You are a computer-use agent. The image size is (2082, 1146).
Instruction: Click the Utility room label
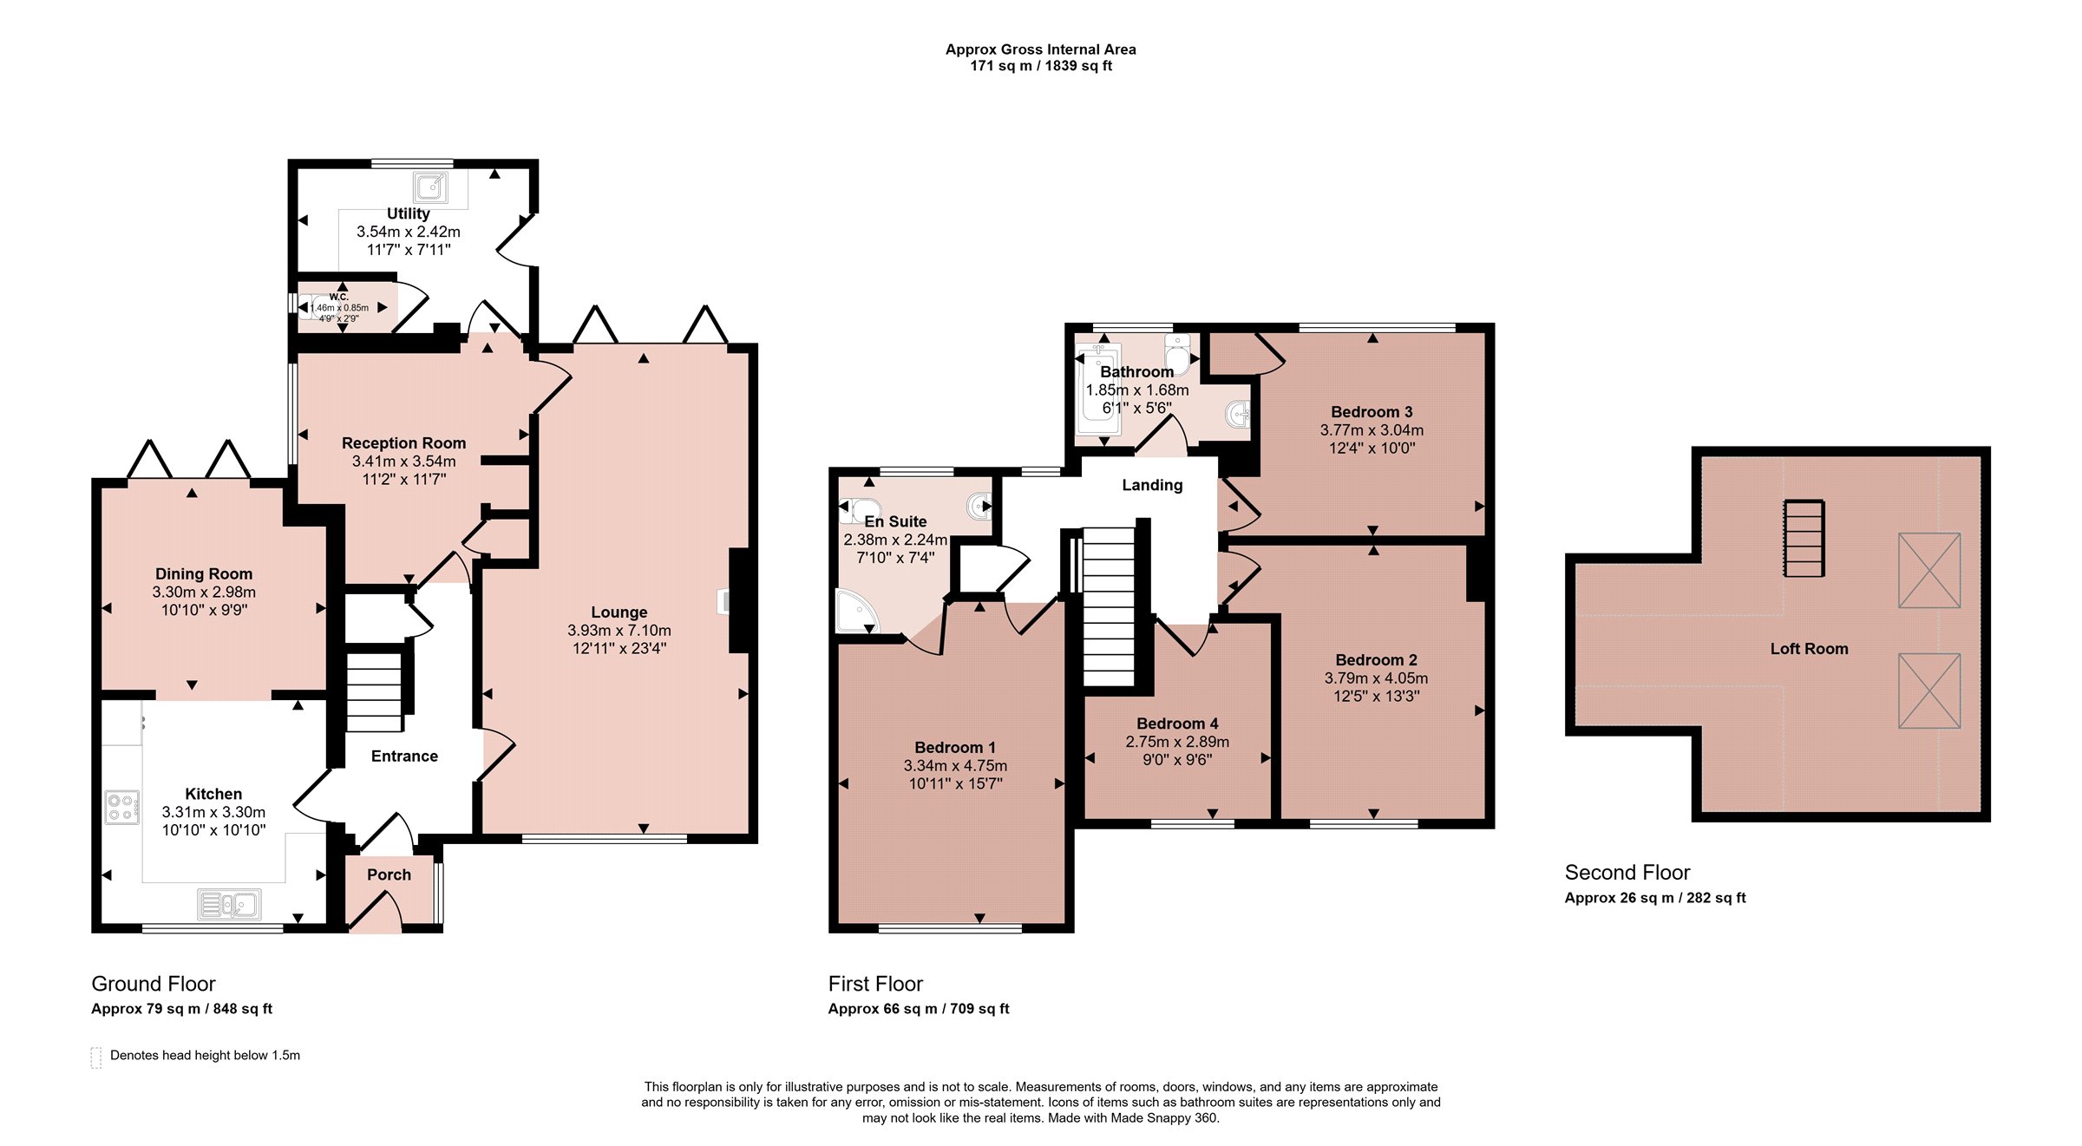408,213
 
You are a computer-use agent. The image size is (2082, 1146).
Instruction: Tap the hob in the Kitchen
122,808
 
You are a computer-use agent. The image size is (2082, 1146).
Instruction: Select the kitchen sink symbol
229,905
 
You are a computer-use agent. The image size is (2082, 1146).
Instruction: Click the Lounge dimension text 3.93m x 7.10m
619,631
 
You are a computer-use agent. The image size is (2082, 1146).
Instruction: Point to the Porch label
389,874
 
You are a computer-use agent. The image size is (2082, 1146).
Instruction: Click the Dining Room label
204,573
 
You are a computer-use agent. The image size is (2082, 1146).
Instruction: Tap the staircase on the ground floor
375,691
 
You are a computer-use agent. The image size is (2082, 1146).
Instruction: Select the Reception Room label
403,443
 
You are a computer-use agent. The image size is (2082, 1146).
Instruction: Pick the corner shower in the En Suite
857,612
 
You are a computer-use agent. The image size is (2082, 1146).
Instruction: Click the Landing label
1152,485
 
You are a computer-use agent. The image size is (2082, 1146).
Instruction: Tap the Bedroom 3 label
1372,412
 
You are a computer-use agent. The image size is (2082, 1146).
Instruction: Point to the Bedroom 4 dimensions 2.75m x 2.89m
1177,742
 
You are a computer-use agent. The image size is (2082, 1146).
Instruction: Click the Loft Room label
1809,649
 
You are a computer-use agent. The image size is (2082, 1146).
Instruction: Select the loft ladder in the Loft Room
1804,538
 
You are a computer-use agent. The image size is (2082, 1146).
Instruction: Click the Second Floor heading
1627,873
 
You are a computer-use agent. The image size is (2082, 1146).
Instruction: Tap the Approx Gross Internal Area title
1041,49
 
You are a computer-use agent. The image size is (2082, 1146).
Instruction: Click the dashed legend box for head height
95,1058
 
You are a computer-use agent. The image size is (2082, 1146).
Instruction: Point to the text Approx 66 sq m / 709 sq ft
919,1009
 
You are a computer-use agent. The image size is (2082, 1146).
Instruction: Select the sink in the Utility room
431,187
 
